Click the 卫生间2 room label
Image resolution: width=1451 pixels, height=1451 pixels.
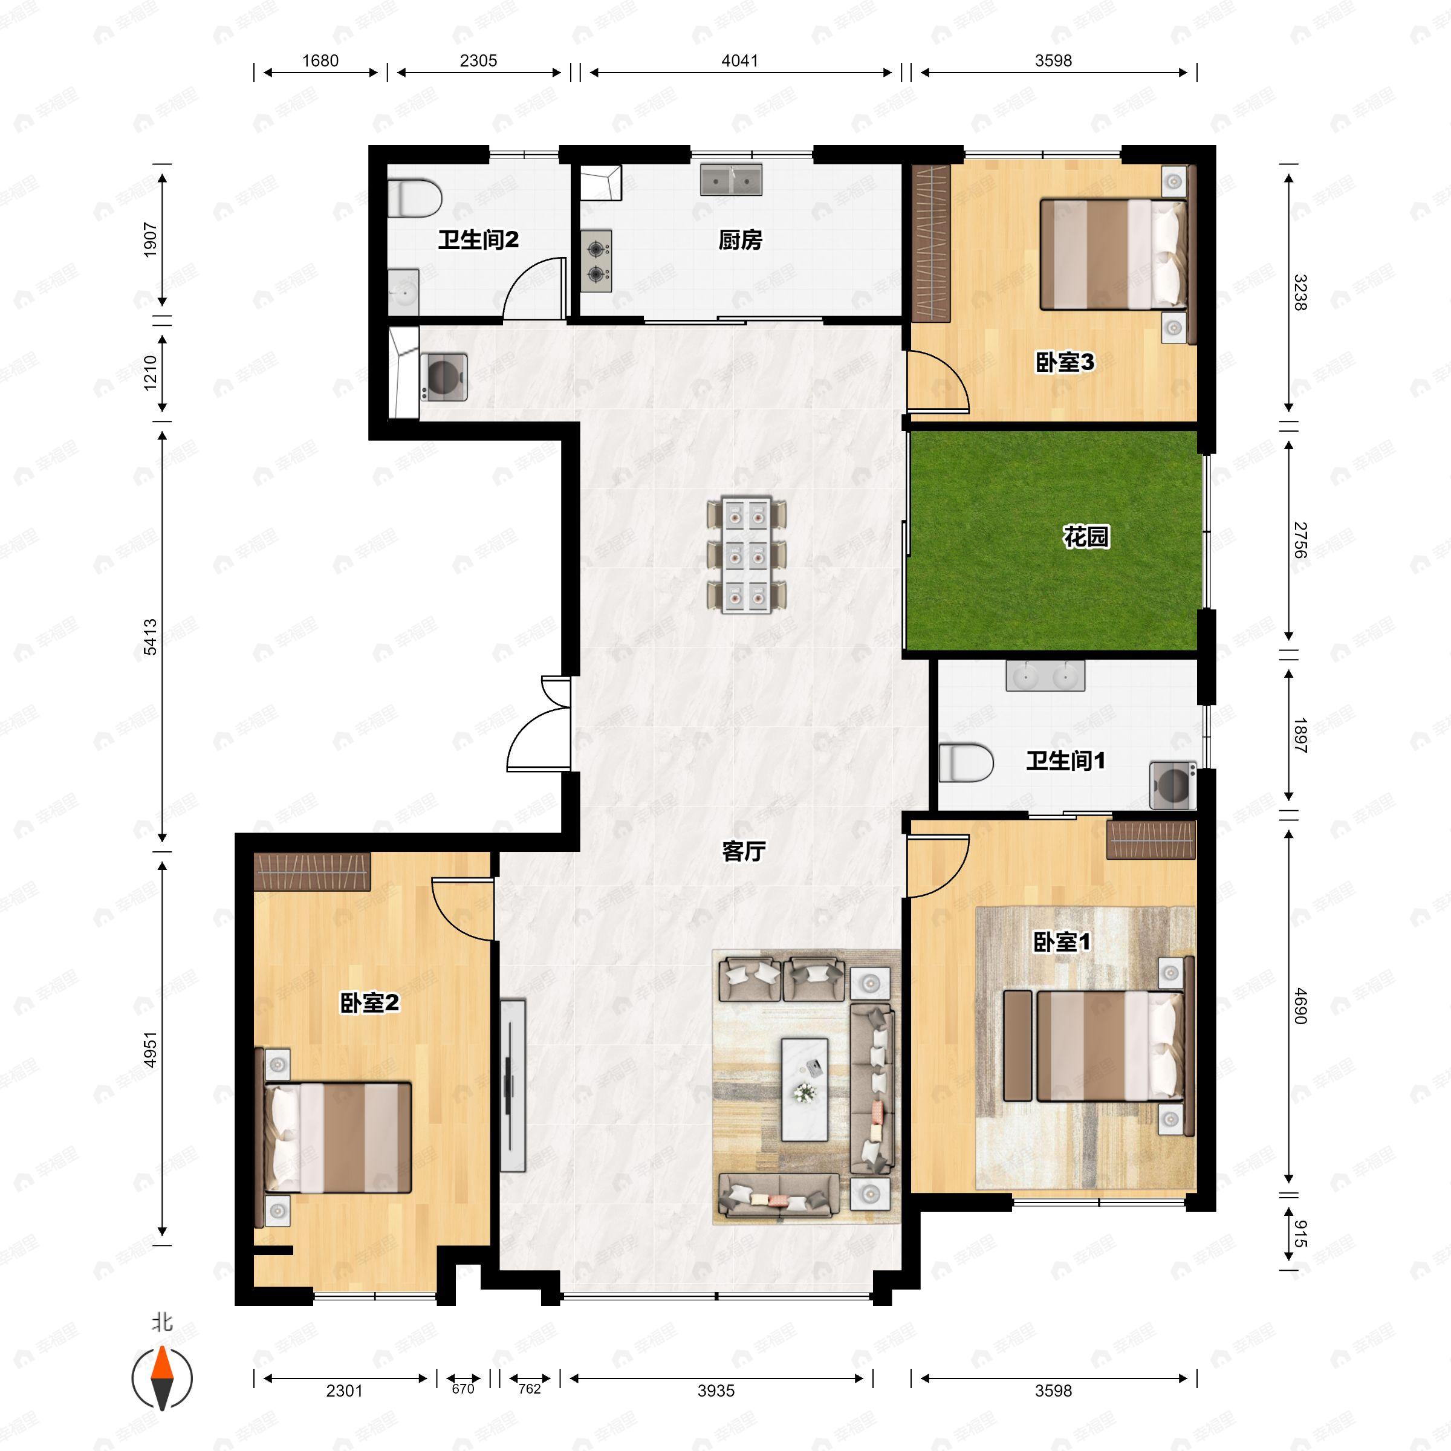[478, 241]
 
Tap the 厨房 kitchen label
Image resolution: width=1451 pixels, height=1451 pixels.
[740, 241]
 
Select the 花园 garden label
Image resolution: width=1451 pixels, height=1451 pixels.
[1086, 537]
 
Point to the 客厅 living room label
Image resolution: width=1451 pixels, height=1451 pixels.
[744, 851]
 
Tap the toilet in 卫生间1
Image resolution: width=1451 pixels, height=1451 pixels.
[966, 762]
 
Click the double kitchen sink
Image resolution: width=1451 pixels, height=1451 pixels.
[731, 180]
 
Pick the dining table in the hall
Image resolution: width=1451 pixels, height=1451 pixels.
[747, 554]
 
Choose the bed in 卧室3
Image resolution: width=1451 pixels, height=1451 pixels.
[1116, 254]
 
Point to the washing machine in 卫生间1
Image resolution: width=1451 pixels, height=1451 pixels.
[1172, 785]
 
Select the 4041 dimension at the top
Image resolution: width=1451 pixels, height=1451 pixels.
[740, 61]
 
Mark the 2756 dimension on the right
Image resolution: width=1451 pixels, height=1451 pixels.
[1300, 540]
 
